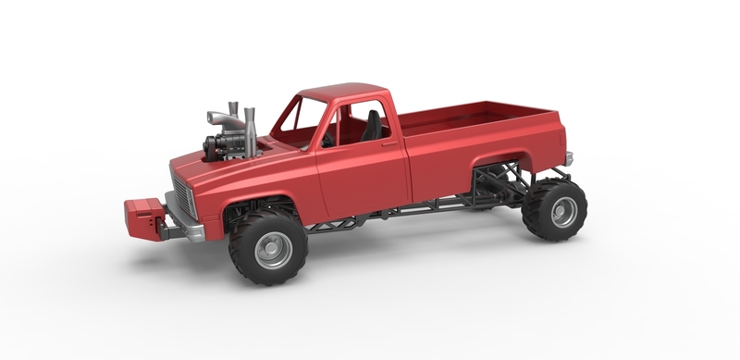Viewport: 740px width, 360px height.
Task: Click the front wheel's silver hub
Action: point(273,250)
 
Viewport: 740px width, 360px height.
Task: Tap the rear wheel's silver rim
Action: point(562,212)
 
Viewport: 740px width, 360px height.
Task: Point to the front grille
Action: point(181,198)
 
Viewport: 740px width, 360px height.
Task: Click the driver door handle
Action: point(390,144)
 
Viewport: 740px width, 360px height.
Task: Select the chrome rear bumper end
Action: point(569,158)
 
